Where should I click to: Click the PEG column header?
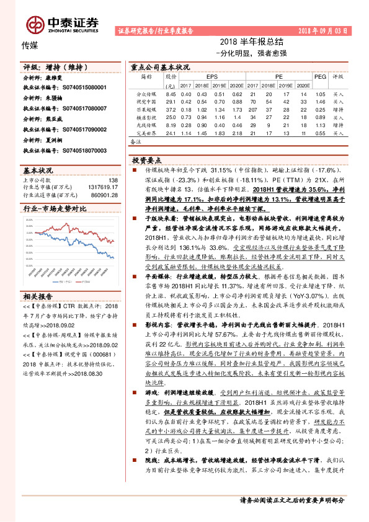coord(320,77)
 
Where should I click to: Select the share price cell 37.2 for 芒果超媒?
coord(171,108)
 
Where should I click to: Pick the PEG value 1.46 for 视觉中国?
coord(320,100)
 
